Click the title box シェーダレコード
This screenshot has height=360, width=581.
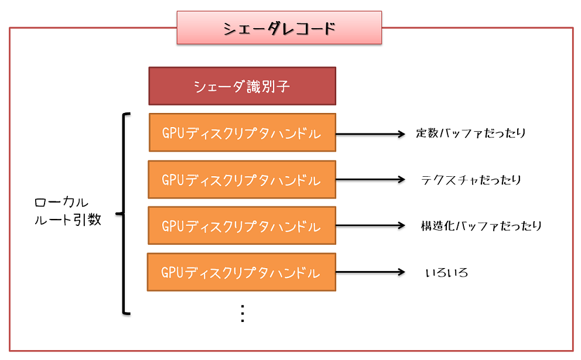point(279,28)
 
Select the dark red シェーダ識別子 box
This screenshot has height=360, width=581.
point(242,86)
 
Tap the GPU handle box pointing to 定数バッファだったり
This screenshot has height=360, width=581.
point(242,133)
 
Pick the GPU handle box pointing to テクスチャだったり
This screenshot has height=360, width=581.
point(242,180)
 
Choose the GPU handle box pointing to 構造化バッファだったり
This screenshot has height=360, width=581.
point(242,226)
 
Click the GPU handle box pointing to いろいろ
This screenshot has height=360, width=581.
point(241,272)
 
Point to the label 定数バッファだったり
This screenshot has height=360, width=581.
point(471,133)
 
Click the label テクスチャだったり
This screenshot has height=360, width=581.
point(471,180)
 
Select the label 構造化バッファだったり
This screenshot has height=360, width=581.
point(481,226)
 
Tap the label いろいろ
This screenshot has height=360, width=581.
point(447,272)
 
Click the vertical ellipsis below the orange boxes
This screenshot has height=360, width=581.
point(242,313)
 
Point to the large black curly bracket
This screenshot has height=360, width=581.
point(124,214)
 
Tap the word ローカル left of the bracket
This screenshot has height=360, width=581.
point(61,203)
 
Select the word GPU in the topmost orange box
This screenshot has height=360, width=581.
point(173,133)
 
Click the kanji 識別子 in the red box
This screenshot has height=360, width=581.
point(268,87)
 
